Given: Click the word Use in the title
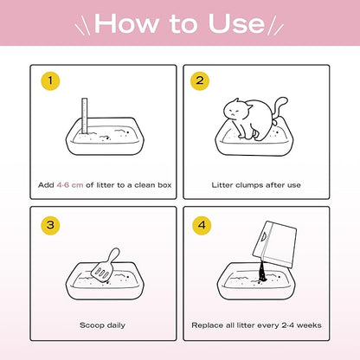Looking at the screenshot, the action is [236, 23].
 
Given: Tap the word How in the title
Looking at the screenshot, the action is [126, 23].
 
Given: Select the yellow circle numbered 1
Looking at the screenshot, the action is [50, 80].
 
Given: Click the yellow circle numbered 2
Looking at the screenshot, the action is [200, 80].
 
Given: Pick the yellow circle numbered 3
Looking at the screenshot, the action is [50, 225].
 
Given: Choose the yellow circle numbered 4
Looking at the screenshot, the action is [202, 225].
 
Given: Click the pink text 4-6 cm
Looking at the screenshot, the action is [70, 185].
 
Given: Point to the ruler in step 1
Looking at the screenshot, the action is [85, 116].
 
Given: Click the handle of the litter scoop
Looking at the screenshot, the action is [113, 255].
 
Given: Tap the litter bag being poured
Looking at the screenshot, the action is [274, 244].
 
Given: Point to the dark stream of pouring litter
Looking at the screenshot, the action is [262, 271].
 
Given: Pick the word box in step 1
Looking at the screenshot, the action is [164, 185].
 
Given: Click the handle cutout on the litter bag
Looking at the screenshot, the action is [264, 236].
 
